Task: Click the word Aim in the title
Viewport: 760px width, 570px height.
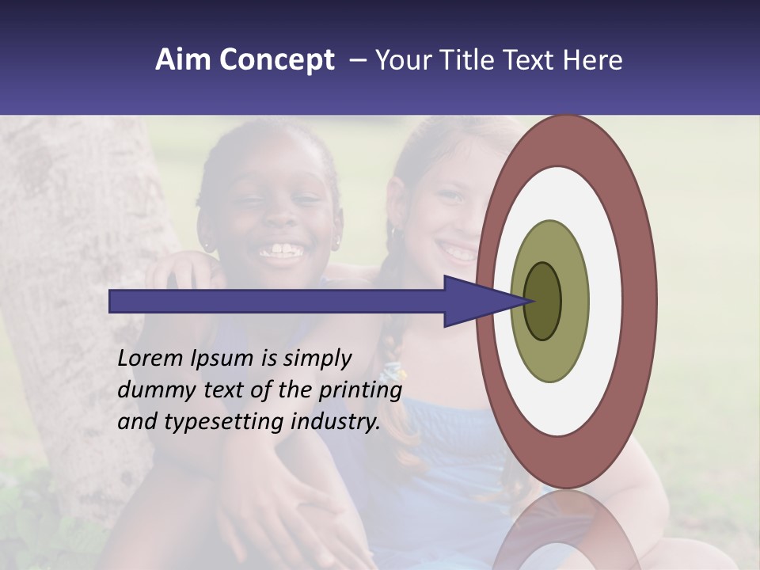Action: pyautogui.click(x=183, y=60)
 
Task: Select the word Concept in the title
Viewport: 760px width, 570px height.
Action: pyautogui.click(x=276, y=61)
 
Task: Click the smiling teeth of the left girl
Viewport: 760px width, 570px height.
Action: pyautogui.click(x=281, y=252)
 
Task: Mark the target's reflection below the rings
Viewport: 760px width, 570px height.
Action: pyautogui.click(x=565, y=530)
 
